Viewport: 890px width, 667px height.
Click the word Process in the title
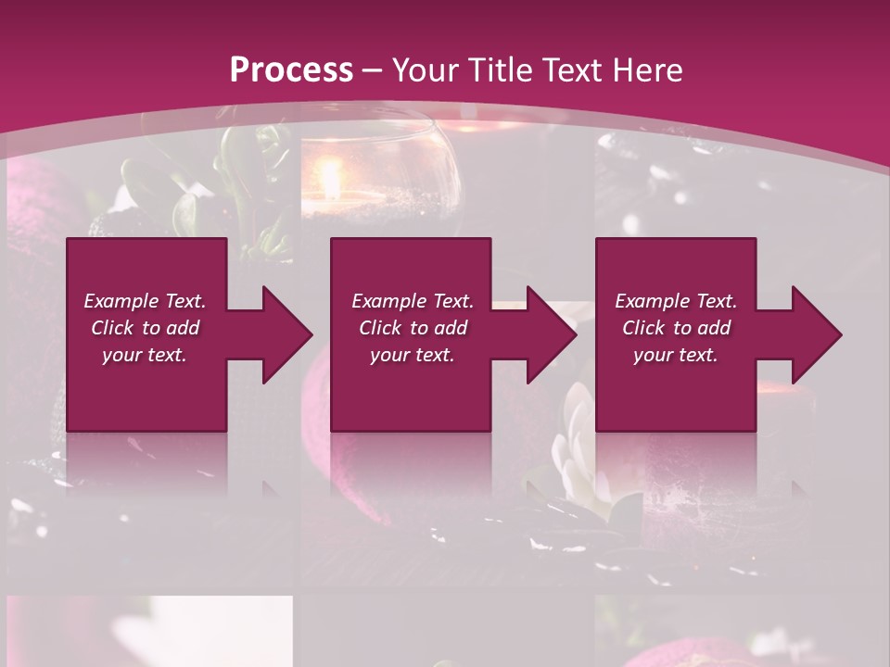pos(291,69)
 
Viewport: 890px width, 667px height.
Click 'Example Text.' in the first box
pos(145,301)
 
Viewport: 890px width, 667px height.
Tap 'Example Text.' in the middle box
pos(412,301)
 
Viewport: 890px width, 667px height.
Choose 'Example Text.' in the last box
pos(676,301)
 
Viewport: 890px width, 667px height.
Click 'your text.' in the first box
pos(145,355)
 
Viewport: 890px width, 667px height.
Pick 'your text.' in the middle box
pos(412,355)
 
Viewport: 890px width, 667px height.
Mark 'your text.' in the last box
pos(676,355)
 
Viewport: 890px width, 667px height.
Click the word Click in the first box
pos(113,328)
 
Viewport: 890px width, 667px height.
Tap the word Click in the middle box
pos(380,328)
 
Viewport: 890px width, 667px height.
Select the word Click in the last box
pos(644,328)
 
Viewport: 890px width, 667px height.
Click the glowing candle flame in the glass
pos(329,176)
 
